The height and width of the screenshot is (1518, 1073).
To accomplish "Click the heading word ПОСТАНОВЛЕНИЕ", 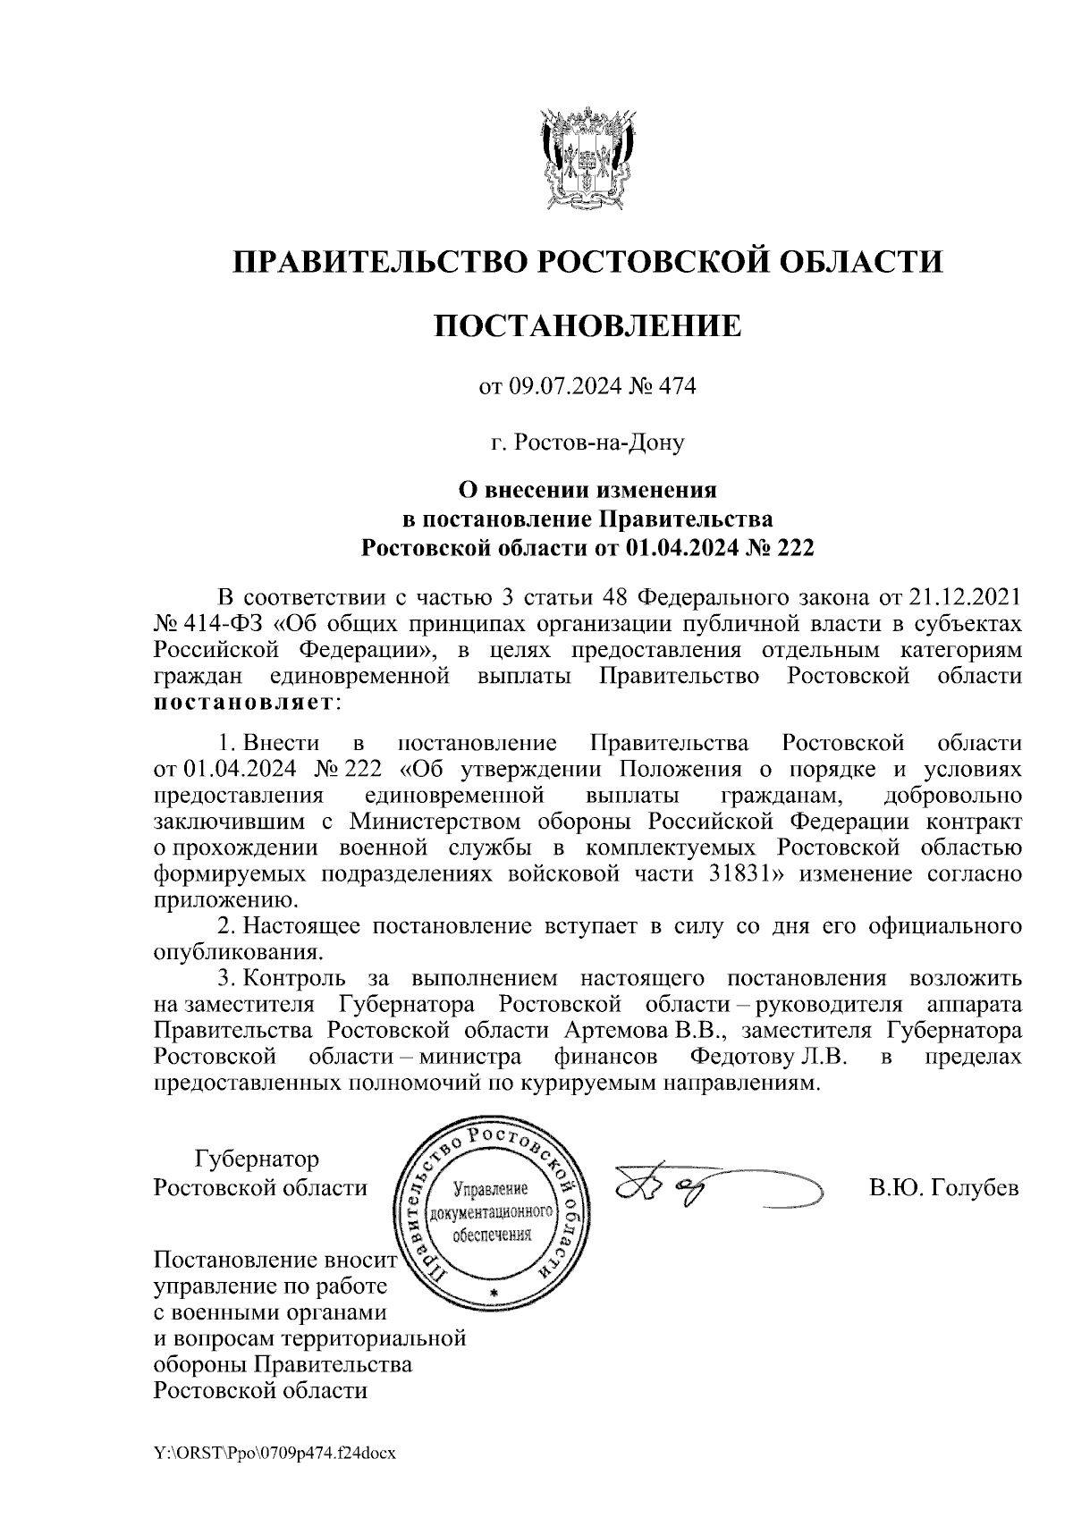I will coord(587,325).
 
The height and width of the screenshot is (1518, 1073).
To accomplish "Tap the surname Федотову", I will coord(741,1057).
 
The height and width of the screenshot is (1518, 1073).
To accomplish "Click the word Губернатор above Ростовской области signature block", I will coord(257,1160).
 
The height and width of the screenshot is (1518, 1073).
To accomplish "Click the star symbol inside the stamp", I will coord(493,1294).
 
